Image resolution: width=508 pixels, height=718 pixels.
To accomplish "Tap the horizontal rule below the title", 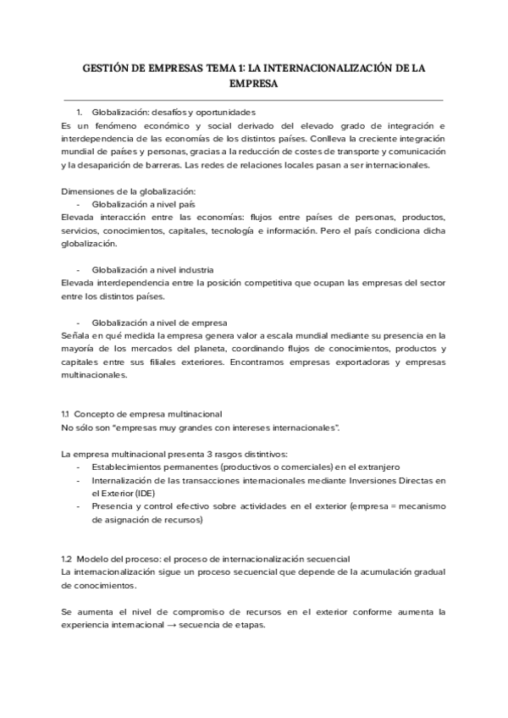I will [254, 101].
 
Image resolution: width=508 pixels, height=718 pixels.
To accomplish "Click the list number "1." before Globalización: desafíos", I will [80, 112].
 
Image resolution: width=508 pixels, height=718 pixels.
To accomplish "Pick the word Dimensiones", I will [88, 191].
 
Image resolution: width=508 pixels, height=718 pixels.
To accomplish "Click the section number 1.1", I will [67, 414].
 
